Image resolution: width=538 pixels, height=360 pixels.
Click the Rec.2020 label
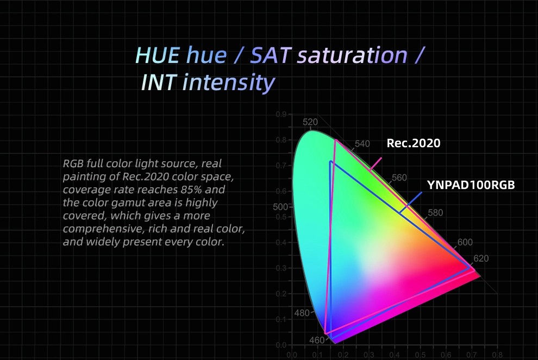(413, 143)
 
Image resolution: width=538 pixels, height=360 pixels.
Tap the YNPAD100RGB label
(471, 185)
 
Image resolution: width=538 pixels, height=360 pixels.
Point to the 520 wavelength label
(310, 122)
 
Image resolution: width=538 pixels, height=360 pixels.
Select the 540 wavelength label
(362, 144)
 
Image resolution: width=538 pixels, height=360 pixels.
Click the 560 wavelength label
(399, 178)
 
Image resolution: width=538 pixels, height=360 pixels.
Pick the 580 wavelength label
(435, 212)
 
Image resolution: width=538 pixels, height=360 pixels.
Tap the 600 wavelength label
(465, 242)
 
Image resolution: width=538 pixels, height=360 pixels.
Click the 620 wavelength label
(481, 258)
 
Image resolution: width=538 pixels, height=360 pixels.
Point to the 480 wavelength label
(302, 313)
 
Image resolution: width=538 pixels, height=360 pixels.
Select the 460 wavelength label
(317, 340)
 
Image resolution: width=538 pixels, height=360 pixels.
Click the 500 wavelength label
(280, 207)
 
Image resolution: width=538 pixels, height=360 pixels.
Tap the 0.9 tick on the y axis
(281, 114)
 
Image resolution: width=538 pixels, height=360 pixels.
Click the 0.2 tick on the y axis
(281, 294)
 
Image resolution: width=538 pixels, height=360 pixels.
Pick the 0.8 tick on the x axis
(497, 355)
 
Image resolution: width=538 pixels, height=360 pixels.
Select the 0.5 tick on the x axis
(420, 355)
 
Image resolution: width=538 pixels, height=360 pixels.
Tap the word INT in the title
(159, 83)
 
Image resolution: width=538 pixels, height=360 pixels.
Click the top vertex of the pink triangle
(336, 140)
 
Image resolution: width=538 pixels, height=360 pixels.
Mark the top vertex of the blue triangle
(330, 161)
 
